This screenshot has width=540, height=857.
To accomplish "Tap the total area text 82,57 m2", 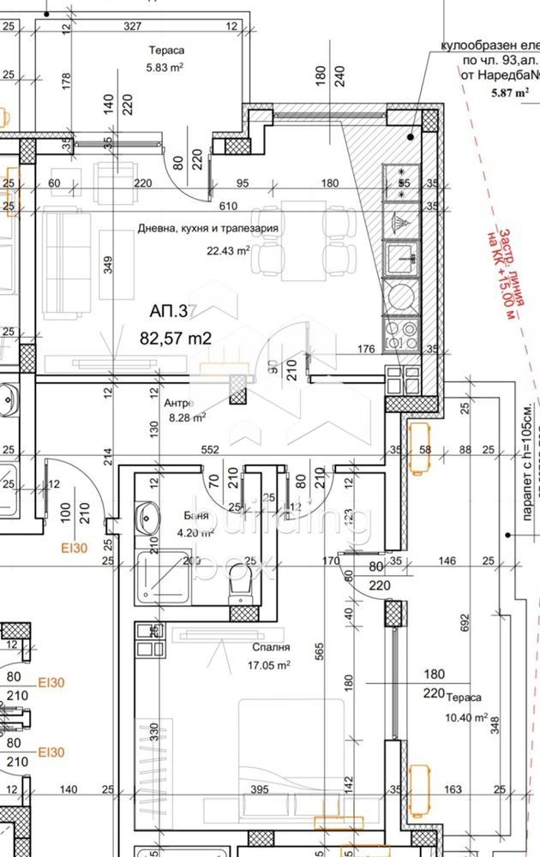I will [176, 339].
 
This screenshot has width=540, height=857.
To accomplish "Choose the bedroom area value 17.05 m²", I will [269, 664].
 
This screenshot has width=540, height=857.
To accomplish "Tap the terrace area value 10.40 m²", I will [466, 717].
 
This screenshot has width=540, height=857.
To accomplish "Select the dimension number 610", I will [227, 207].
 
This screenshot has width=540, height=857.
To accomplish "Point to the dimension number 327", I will [132, 27].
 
